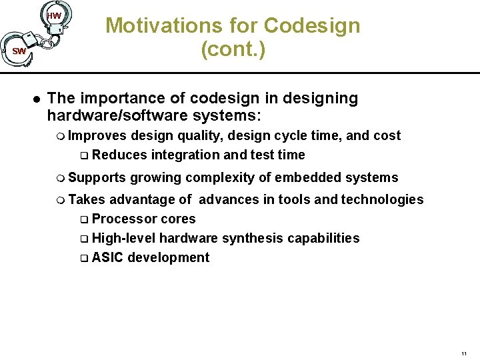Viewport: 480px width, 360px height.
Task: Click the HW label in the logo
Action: click(x=55, y=15)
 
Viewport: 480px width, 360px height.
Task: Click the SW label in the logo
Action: click(x=19, y=51)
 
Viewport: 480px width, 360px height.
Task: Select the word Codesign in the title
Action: click(x=311, y=26)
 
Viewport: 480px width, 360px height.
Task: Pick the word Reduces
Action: click(x=120, y=155)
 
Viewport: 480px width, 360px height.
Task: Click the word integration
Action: click(x=185, y=155)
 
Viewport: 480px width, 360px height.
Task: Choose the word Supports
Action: click(x=97, y=177)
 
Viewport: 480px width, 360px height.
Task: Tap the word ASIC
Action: click(x=107, y=257)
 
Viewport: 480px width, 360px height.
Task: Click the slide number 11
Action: click(x=463, y=353)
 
